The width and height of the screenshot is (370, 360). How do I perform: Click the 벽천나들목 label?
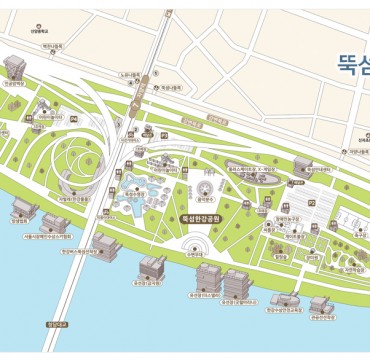[52, 45]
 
